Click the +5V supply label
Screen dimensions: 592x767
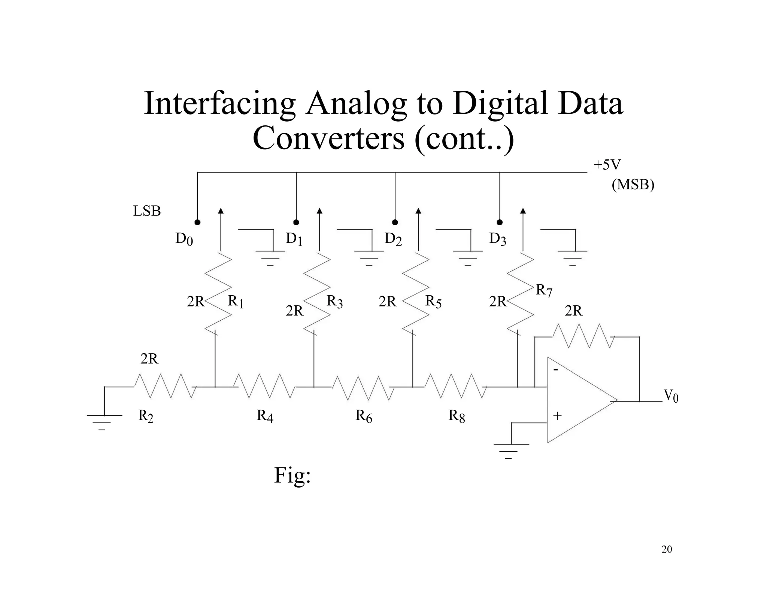point(607,165)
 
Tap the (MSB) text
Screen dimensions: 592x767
point(633,184)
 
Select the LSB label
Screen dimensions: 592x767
point(147,211)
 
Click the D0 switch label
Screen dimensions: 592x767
point(184,239)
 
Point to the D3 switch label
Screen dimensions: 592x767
point(497,239)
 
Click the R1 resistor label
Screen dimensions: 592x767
point(236,301)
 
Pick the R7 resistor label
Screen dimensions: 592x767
point(544,290)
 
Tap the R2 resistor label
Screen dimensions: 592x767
point(146,416)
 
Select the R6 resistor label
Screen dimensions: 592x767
point(364,416)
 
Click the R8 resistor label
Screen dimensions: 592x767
point(457,416)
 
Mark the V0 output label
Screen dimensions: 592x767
point(671,396)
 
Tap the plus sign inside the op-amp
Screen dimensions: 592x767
point(557,416)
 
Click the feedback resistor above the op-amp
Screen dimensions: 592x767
point(583,336)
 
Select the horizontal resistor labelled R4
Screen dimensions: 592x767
point(264,386)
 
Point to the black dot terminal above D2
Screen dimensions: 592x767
point(395,222)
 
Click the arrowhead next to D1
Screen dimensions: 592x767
point(319,211)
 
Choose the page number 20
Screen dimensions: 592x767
point(667,549)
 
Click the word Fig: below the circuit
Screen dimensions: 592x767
point(292,475)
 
